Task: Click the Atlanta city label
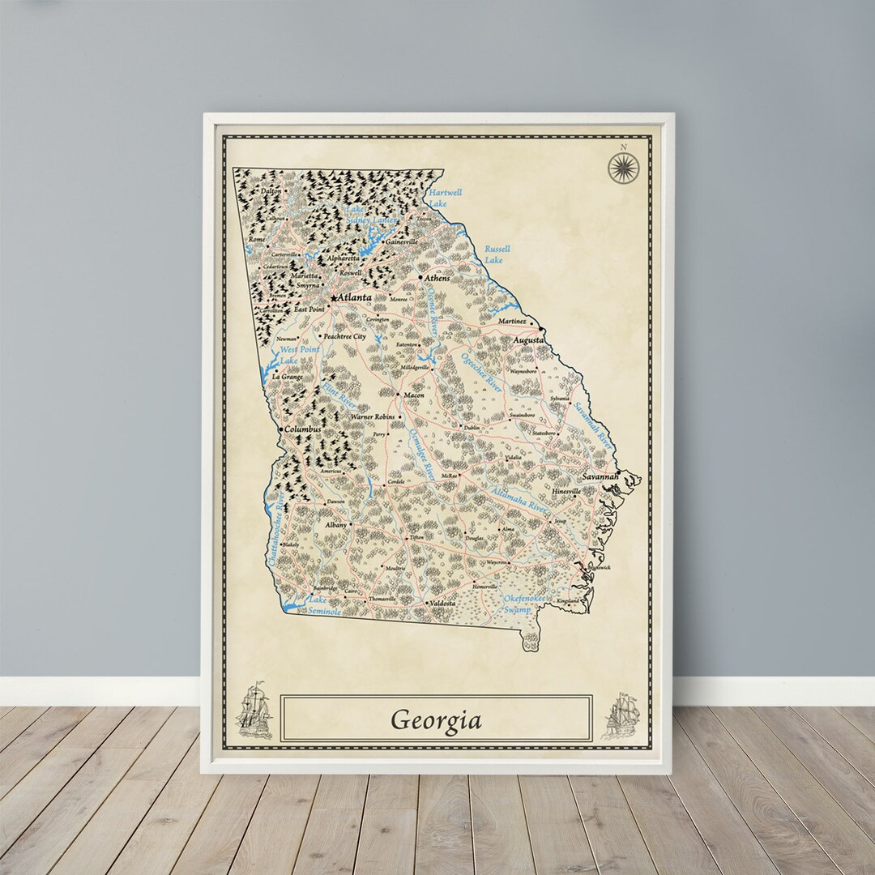pyautogui.click(x=356, y=297)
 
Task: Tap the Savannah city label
pyautogui.click(x=600, y=477)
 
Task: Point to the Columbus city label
pyautogui.click(x=303, y=429)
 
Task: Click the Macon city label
pyautogui.click(x=413, y=395)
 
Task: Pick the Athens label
pyautogui.click(x=437, y=278)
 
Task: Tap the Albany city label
pyautogui.click(x=335, y=525)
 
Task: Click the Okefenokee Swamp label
pyautogui.click(x=527, y=603)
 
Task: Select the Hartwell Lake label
pyautogui.click(x=445, y=198)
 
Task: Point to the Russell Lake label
pyautogui.click(x=497, y=254)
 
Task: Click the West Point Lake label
pyautogui.click(x=297, y=354)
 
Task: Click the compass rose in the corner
pyautogui.click(x=623, y=167)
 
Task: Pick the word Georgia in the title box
pyautogui.click(x=436, y=719)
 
